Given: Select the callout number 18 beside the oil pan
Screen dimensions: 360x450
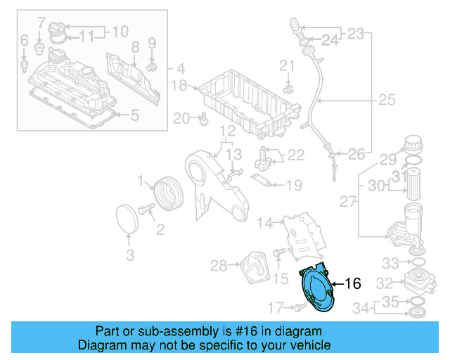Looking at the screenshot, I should pos(179,86).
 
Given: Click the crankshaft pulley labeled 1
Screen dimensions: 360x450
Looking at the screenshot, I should pos(167,193).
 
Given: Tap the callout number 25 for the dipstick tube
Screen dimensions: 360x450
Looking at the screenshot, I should pos(387,100).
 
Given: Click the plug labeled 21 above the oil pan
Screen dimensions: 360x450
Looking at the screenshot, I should pos(288,89).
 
